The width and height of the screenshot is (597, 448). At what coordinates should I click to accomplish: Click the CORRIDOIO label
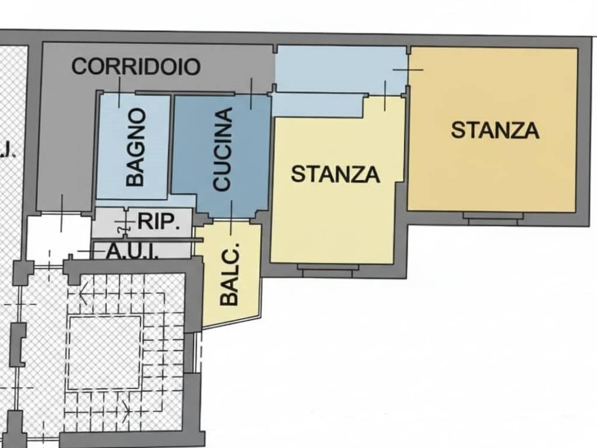tap(135, 66)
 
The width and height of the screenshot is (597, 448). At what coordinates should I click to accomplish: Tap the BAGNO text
tap(135, 147)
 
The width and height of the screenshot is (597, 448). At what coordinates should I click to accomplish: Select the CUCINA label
tap(223, 149)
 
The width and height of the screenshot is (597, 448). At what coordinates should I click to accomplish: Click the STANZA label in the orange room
tap(494, 129)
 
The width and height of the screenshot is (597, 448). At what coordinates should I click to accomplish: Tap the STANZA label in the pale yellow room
tap(335, 174)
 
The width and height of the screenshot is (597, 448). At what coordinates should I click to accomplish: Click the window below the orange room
tap(492, 218)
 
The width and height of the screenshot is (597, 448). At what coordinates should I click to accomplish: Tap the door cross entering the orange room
tap(408, 70)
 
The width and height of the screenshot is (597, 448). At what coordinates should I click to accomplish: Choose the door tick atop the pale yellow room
tap(385, 96)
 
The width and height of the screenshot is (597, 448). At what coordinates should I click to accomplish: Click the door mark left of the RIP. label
tap(123, 223)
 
